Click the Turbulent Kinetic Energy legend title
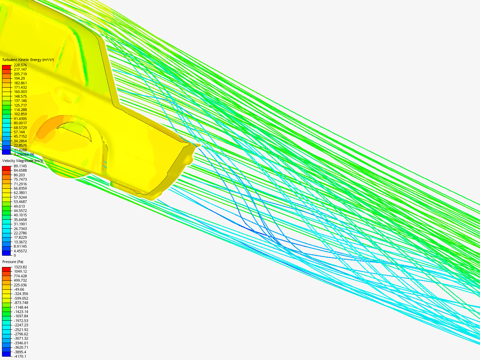pos(28,60)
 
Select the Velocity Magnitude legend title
pos(23,161)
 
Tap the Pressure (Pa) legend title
pos(13,262)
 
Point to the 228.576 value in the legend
pos(20,65)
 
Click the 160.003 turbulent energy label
pos(20,92)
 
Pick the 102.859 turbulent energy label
pos(20,114)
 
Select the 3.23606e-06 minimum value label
pos(24,154)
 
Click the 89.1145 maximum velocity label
pos(20,166)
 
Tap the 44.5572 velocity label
pos(20,211)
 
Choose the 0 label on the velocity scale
pos(15,255)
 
